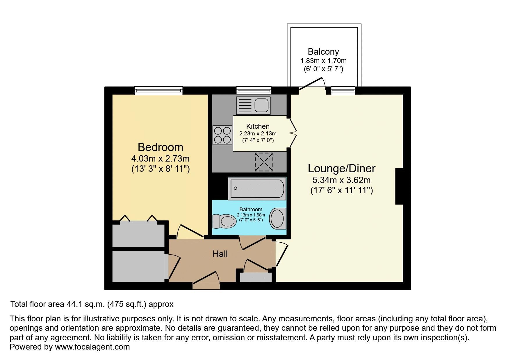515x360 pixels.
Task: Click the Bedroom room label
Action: [160, 147]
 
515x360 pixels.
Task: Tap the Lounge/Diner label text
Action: [341, 169]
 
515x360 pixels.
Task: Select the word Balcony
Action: [323, 52]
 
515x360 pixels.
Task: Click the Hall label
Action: [220, 254]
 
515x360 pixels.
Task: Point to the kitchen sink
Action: [253, 105]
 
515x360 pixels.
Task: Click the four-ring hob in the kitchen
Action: [222, 135]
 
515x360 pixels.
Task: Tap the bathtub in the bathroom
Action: [257, 188]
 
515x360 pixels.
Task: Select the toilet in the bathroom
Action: [224, 221]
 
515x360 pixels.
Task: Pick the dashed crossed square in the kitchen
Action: [264, 162]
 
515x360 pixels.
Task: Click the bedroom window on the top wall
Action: [158, 91]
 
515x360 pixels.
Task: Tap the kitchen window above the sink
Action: [254, 90]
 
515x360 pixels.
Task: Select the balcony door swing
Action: [312, 83]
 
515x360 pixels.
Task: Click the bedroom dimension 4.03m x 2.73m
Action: [160, 159]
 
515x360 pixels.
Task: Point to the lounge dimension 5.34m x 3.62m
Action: [341, 180]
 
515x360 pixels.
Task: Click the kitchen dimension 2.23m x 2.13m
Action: [258, 134]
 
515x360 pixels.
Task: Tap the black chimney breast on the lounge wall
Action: [399, 186]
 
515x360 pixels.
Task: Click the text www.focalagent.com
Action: [92, 347]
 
